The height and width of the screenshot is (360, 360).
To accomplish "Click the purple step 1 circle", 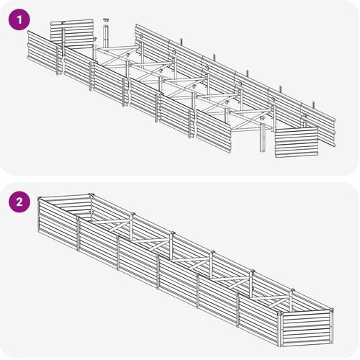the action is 19,19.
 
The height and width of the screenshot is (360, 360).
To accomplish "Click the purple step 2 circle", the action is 19,202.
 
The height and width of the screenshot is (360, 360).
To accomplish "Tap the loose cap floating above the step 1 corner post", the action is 106,19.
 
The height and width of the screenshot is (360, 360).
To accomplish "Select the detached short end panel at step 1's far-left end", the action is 71,34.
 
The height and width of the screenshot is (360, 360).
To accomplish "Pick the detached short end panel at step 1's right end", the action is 297,142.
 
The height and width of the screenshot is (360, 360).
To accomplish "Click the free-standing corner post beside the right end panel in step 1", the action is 263,138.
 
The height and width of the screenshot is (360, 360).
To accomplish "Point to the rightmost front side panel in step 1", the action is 214,131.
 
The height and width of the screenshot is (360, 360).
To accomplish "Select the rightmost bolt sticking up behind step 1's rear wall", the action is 313,105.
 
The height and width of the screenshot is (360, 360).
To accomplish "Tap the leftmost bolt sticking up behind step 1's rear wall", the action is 181,41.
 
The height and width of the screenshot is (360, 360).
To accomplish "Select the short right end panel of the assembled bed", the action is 306,328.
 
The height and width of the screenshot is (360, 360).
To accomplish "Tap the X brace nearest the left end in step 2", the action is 112,224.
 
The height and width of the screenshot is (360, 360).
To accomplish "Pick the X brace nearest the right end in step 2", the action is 271,302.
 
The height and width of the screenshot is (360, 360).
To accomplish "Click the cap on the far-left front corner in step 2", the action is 40,198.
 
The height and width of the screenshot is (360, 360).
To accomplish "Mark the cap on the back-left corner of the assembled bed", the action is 91,194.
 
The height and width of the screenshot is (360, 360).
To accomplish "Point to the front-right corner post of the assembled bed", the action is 280,329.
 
